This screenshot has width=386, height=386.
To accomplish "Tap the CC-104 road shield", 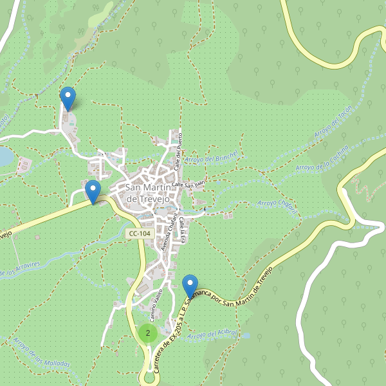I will (140, 234).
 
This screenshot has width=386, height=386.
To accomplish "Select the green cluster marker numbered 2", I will (148, 333).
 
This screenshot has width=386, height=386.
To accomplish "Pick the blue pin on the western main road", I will (93, 191).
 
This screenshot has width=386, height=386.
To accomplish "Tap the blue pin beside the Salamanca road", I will (190, 286).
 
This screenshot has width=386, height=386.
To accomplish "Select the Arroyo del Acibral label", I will (214, 335).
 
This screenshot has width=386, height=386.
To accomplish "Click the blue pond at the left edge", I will (5, 156).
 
